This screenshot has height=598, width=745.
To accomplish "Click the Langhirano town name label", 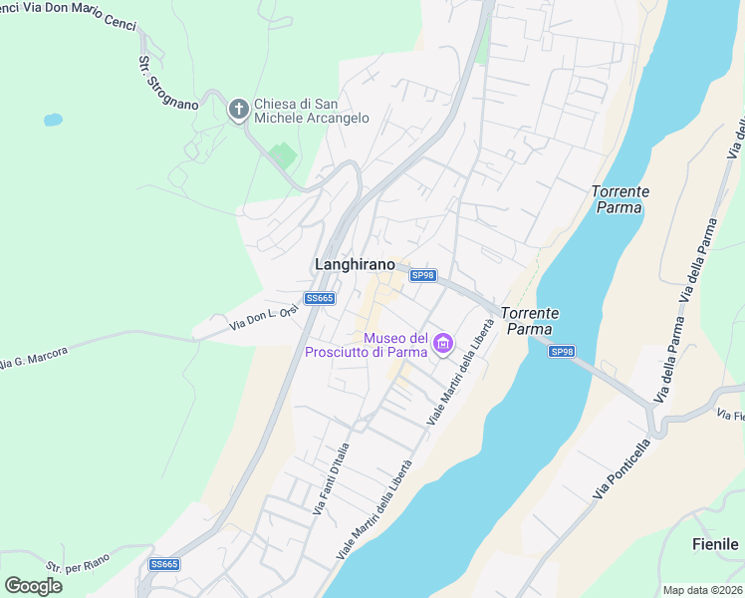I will [354, 264].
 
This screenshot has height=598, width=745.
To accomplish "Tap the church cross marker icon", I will [238, 109].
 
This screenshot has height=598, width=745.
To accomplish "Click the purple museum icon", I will [443, 346].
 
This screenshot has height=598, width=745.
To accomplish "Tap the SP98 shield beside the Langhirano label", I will [423, 275].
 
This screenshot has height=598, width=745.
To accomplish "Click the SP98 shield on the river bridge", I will [562, 352].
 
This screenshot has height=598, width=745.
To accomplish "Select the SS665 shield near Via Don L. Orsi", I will [320, 298].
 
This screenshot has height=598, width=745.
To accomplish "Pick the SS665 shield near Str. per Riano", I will [164, 564].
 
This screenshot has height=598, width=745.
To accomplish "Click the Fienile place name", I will [715, 544].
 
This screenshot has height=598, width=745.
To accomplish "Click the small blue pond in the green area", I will [52, 121].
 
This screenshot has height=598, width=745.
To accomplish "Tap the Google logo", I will [33, 585].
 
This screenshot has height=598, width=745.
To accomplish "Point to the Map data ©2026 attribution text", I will [702, 590].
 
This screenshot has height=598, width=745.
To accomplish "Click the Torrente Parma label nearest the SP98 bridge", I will [531, 320].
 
